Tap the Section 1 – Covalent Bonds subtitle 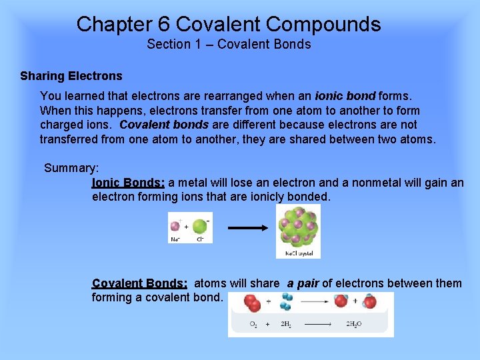(x=229, y=45)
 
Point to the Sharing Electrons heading (x=71, y=76)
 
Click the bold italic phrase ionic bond (x=345, y=96)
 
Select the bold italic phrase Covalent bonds (x=164, y=125)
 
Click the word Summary (x=71, y=168)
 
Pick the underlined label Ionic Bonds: (x=128, y=183)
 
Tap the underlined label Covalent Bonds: (x=139, y=283)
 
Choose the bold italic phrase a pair (x=303, y=283)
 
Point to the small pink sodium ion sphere (x=175, y=225)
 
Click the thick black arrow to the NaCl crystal (x=248, y=228)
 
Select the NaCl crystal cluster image (x=298, y=227)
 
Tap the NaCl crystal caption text (x=298, y=253)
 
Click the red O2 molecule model (x=252, y=304)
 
